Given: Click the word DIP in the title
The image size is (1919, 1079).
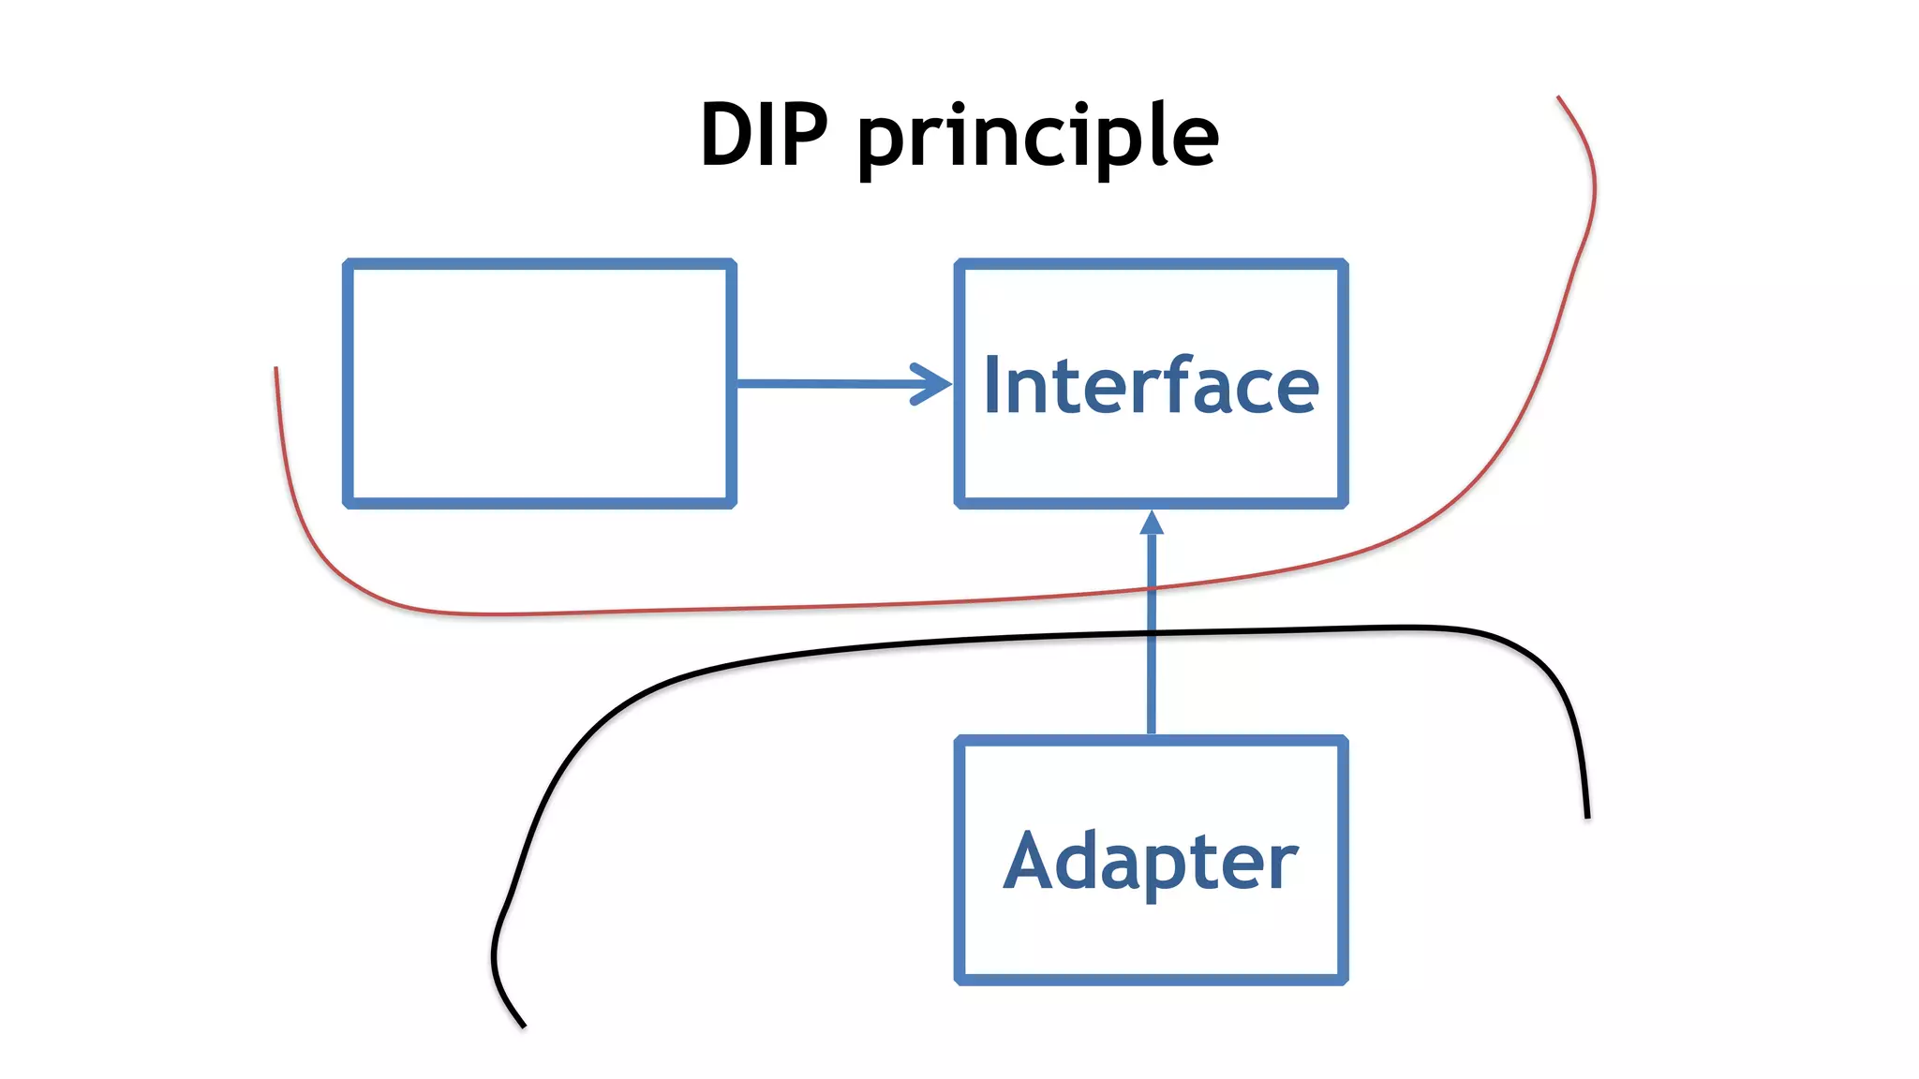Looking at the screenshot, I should click(764, 136).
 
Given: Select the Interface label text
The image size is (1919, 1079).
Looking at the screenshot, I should click(1151, 385).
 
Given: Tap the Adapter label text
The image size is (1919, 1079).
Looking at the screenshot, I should click(1151, 861).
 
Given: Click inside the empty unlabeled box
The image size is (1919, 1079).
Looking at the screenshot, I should click(540, 384).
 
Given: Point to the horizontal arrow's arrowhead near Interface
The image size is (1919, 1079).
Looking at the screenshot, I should click(935, 384).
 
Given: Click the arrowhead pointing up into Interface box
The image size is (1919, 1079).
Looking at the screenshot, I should click(1152, 523).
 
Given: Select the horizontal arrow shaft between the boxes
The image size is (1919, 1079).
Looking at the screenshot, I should click(825, 383).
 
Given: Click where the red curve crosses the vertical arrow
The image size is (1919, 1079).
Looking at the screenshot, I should click(1152, 587).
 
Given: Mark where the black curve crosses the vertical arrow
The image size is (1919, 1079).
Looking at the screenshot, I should click(1152, 635).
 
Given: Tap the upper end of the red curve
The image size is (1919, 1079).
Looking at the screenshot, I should click(1559, 97).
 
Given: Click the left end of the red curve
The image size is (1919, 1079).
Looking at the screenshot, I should click(275, 369).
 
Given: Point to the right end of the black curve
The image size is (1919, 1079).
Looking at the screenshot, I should click(1587, 817).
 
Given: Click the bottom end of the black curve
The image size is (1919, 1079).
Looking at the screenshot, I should click(523, 1027).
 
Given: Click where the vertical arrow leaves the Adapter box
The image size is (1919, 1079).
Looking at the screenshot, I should click(1152, 735).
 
